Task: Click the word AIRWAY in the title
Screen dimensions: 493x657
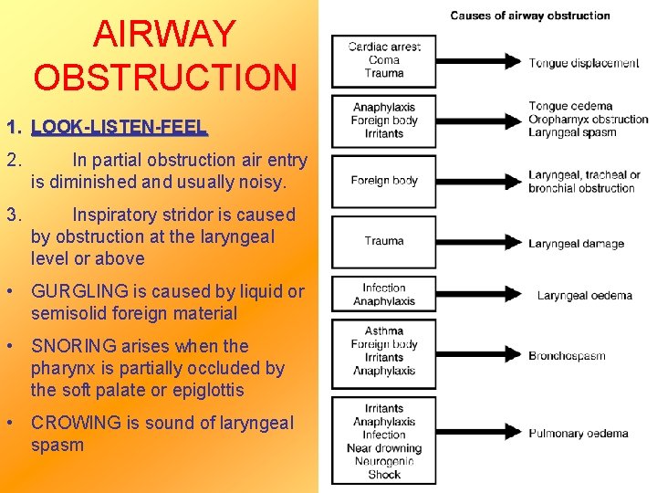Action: tap(164, 35)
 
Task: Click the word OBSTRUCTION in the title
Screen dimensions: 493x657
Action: tap(165, 78)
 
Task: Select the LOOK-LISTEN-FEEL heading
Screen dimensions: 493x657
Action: tap(119, 128)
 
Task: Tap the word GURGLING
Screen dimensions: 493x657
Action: tap(76, 291)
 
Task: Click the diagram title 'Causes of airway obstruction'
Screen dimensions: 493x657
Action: tap(530, 15)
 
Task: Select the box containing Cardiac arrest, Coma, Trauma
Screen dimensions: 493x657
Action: tap(384, 60)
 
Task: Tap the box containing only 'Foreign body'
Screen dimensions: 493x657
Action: tap(384, 181)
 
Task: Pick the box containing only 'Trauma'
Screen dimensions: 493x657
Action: tap(384, 241)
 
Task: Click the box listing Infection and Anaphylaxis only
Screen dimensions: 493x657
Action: tap(384, 294)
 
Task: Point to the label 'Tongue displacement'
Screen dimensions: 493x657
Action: tap(584, 63)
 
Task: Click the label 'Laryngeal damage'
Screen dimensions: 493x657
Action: tap(577, 244)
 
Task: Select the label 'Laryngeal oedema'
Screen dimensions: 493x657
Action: tap(583, 295)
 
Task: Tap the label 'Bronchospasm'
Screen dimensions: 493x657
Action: tap(567, 355)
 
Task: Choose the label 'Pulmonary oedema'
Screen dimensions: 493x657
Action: tap(579, 434)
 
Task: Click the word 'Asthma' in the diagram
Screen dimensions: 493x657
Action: tap(384, 330)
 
